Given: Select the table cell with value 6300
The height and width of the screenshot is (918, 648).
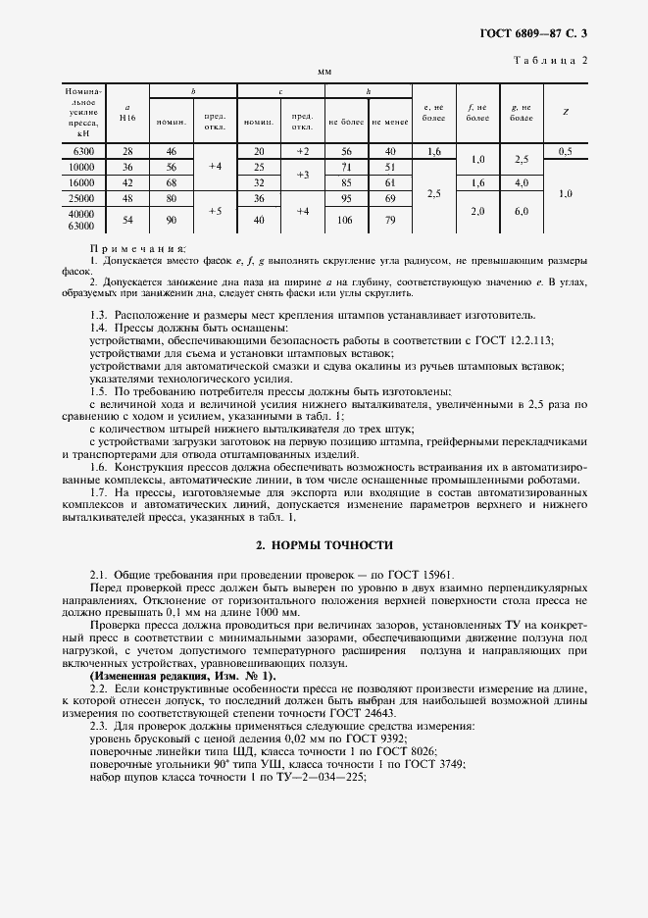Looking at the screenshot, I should click(83, 151).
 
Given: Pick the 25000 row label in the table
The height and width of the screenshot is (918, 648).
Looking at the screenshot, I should click(83, 198).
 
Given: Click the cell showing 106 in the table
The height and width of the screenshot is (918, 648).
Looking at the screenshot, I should click(346, 221).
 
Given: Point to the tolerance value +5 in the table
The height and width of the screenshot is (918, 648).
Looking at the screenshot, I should click(216, 210).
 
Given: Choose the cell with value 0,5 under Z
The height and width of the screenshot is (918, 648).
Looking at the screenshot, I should click(566, 151).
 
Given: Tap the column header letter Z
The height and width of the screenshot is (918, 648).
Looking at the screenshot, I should click(566, 112).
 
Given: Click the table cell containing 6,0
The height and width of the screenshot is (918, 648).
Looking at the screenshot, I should click(521, 212).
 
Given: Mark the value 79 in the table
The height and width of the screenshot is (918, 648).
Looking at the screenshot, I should click(390, 221).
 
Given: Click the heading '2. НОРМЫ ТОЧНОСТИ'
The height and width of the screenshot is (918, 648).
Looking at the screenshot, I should click(324, 544).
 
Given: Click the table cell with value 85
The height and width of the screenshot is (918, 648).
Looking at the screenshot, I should click(346, 182).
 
